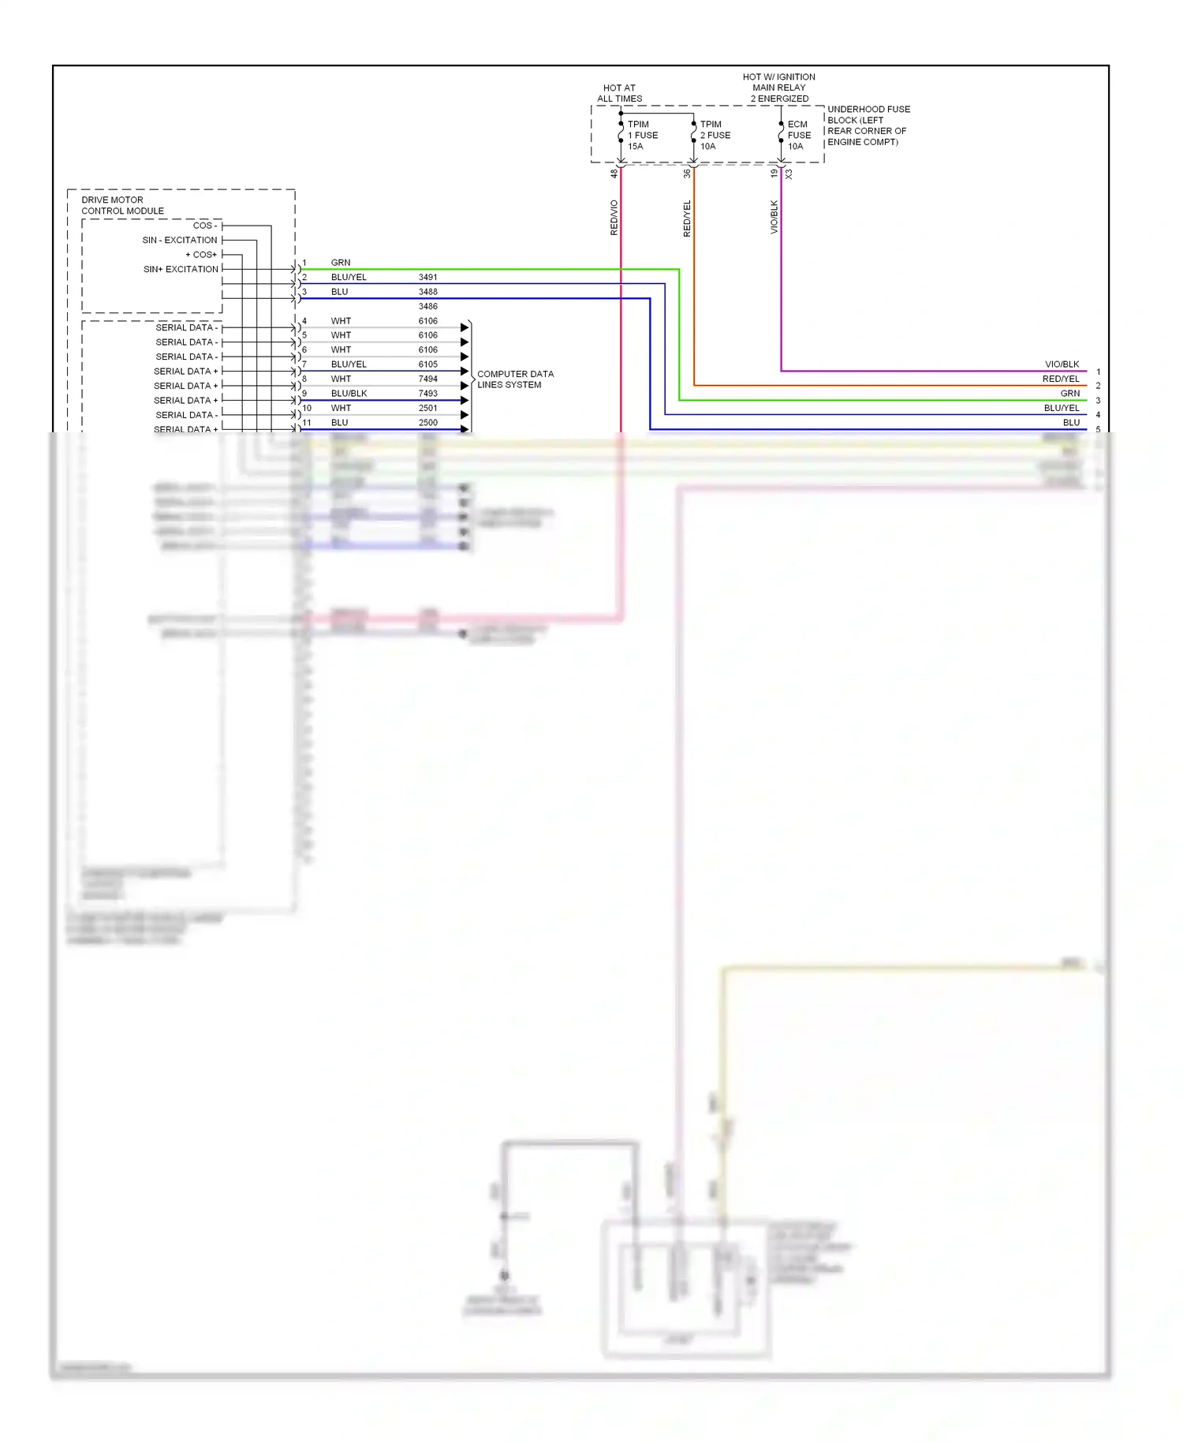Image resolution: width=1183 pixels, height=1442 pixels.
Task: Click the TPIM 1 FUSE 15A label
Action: tap(642, 135)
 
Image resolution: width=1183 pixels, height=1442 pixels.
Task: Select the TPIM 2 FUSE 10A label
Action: tap(715, 135)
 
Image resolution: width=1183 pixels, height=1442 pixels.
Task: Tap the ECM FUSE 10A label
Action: tap(798, 135)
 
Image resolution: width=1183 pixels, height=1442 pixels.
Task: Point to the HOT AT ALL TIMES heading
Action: tap(619, 93)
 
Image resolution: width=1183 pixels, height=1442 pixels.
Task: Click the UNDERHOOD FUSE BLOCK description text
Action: tap(868, 125)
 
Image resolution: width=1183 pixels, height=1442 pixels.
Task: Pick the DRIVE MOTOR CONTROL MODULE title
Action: tap(122, 205)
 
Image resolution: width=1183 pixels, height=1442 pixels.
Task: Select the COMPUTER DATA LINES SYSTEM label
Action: tap(515, 379)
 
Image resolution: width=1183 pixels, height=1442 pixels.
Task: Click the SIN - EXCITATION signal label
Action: tap(179, 240)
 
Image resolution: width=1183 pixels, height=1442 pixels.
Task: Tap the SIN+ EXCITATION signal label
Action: tap(181, 269)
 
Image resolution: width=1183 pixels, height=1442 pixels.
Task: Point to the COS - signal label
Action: tap(204, 226)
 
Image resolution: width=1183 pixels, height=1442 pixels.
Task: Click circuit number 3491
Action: tap(427, 277)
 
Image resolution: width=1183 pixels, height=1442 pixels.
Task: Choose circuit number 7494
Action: tap(427, 379)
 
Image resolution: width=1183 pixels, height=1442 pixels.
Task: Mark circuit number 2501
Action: tap(427, 408)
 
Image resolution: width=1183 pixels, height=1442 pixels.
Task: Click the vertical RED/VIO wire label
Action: tap(614, 218)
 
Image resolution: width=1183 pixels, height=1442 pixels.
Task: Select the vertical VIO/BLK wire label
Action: tap(774, 216)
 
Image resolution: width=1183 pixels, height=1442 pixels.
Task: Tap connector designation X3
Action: tap(788, 174)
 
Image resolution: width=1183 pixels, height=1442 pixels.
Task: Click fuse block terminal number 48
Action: tap(614, 174)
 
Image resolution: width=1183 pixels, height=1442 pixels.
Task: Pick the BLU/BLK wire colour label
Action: tap(349, 393)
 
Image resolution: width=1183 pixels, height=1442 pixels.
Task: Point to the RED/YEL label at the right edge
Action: tap(1060, 379)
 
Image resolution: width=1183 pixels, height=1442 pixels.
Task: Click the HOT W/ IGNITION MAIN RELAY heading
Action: tap(778, 88)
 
